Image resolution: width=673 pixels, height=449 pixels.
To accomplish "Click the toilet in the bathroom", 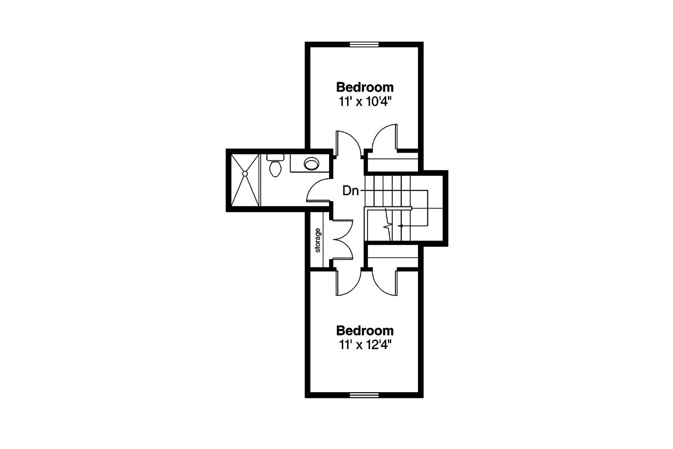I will pos(275,168).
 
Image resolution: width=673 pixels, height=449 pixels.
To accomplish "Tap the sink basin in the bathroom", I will pos(311,164).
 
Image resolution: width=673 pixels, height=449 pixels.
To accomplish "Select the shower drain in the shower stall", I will pos(244,173).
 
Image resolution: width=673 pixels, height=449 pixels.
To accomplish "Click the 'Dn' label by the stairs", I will pos(350,191).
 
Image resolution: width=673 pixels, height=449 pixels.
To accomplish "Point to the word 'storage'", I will pos(318,240).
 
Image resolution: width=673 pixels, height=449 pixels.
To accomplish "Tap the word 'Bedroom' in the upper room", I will pos(365,86).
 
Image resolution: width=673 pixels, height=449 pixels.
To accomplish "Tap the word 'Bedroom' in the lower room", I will pos(365,331).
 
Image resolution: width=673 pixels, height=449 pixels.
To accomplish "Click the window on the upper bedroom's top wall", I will pos(365,44).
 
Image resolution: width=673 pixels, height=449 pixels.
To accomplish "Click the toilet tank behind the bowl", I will pos(275,157).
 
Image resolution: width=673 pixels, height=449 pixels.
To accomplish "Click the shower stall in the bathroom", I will pos(244,179).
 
